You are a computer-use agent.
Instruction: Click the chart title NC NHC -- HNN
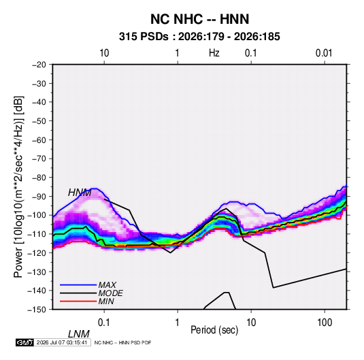tap(199, 19)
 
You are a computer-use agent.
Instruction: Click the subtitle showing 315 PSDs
tap(199, 37)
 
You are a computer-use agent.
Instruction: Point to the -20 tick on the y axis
tap(39, 65)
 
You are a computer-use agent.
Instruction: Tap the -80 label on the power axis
tap(39, 178)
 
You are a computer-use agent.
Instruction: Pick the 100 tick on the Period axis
tap(325, 323)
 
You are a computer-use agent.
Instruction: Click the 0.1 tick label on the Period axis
tap(104, 323)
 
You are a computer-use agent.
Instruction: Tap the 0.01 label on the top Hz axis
tap(324, 53)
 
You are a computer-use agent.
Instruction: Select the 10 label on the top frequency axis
tap(104, 53)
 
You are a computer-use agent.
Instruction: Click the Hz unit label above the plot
tap(214, 53)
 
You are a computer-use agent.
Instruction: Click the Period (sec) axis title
tap(214, 330)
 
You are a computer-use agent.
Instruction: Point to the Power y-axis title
tap(18, 187)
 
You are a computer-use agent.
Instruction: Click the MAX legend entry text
tap(107, 285)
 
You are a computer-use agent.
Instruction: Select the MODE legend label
tap(110, 293)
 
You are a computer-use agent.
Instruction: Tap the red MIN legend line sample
tap(78, 301)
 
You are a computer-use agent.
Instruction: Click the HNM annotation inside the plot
tap(80, 193)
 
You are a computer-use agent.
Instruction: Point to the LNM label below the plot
tap(79, 334)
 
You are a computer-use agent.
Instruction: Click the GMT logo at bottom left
tap(25, 342)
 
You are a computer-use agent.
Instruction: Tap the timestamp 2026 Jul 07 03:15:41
tap(62, 342)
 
